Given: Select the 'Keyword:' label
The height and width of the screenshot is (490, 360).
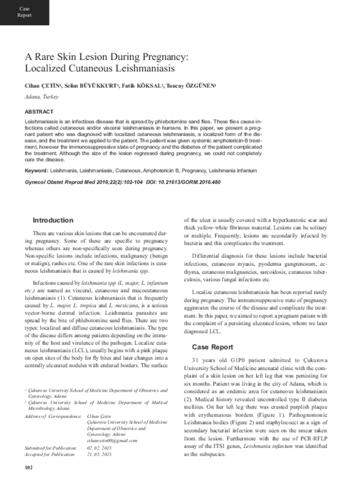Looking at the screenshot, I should [37, 171].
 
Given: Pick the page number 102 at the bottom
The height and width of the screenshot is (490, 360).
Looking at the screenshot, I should [28, 483].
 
